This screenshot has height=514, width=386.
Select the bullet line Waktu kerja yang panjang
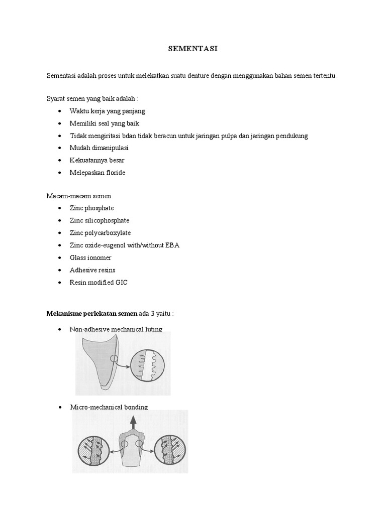pyautogui.click(x=107, y=111)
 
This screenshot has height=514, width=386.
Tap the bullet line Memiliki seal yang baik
pyautogui.click(x=104, y=123)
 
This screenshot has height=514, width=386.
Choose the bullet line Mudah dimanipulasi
pyautogui.click(x=99, y=148)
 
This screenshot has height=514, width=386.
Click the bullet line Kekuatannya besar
pyautogui.click(x=97, y=160)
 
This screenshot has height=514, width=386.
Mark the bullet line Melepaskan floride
pyautogui.click(x=98, y=172)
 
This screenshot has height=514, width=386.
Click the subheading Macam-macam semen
pyautogui.click(x=78, y=195)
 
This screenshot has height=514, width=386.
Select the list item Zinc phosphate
pyautogui.click(x=91, y=208)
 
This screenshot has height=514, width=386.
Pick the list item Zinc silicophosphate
pyautogui.click(x=99, y=220)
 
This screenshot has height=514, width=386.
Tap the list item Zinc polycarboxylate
pyautogui.click(x=101, y=232)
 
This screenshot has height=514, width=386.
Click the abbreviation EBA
pyautogui.click(x=171, y=245)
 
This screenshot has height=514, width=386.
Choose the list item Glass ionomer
pyautogui.click(x=90, y=258)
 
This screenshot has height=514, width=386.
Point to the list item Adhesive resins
pyautogui.click(x=92, y=270)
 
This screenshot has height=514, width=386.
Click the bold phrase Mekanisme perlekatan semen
pyautogui.click(x=91, y=314)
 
